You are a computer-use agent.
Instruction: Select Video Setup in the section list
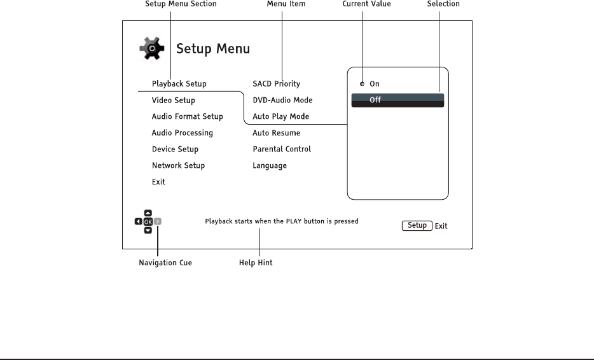point(173,100)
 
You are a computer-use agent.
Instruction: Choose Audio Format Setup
point(187,117)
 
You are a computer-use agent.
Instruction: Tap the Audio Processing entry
point(182,134)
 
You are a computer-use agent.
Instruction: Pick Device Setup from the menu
point(175,149)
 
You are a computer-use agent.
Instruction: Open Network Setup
point(178,166)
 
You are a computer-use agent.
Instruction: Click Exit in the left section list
point(158,182)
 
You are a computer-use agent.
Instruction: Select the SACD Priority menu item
point(276,84)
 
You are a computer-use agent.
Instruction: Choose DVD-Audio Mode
point(282,100)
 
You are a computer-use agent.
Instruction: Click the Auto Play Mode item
point(280,117)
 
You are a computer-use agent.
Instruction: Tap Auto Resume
point(276,134)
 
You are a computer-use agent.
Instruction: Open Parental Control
point(282,149)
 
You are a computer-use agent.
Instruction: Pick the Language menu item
point(270,166)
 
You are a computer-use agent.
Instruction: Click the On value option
point(375,84)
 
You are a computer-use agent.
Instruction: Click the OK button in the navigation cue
point(148,222)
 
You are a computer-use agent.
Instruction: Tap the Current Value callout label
point(367,4)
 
